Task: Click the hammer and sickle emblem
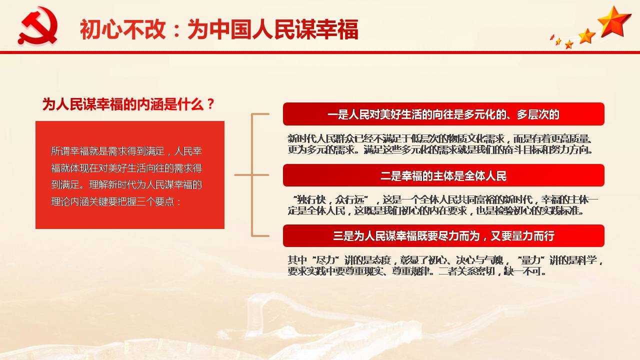coord(37,26)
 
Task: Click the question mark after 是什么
coord(210,104)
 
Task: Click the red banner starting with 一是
coord(443,114)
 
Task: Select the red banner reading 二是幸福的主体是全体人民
coord(443,175)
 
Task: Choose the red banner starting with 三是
coord(443,236)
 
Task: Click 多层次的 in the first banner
coord(538,114)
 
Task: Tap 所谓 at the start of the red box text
coord(60,151)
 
